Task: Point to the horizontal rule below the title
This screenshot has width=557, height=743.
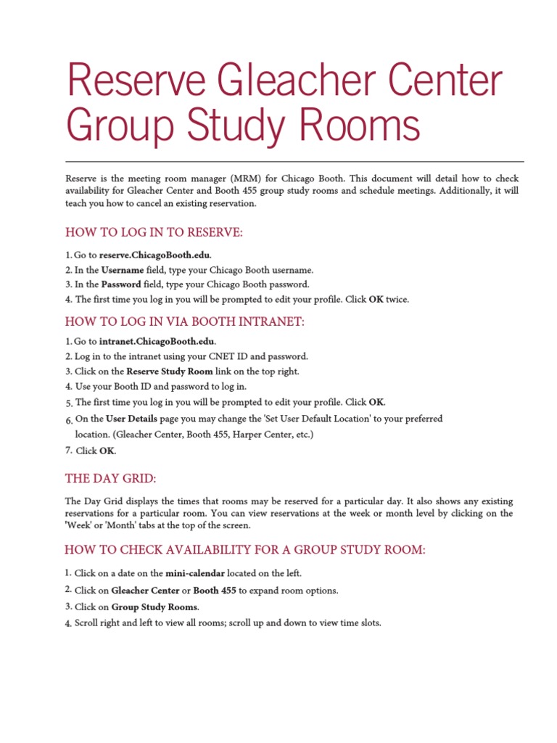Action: [294, 161]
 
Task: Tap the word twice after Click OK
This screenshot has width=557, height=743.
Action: [397, 299]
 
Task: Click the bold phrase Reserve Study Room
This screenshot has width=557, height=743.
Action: [170, 371]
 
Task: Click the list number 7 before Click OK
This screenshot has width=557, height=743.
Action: [68, 451]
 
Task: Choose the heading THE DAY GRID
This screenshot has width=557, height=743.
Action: [110, 479]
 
